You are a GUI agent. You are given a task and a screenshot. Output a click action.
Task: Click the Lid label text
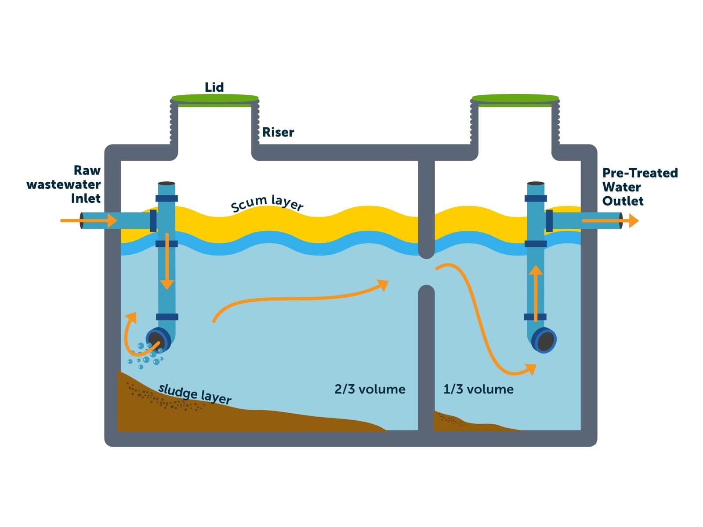(214, 87)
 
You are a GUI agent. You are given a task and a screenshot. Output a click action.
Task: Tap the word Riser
(278, 132)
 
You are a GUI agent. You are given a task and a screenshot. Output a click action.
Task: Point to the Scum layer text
(267, 203)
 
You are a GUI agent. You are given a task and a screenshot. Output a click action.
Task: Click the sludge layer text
(195, 393)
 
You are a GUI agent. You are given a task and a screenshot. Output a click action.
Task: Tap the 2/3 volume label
(370, 389)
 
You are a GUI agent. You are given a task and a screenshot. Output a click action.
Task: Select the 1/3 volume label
(478, 389)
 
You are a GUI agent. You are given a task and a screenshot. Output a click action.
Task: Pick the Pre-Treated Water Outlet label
(639, 187)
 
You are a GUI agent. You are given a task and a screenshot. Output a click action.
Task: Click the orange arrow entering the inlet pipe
(88, 220)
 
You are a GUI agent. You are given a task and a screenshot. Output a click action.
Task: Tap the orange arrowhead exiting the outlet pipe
(633, 220)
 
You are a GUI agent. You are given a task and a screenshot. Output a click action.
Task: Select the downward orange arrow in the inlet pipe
(167, 263)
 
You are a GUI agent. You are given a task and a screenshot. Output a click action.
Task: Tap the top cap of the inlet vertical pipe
(167, 184)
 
